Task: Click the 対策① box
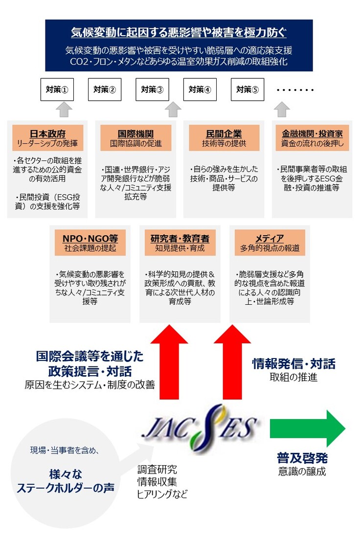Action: pyautogui.click(x=57, y=90)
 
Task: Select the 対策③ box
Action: pyautogui.click(x=152, y=90)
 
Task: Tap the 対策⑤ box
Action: pyautogui.click(x=247, y=90)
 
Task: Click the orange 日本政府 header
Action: pyautogui.click(x=47, y=138)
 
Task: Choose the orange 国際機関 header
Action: pyautogui.click(x=135, y=138)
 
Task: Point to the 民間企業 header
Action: pyautogui.click(x=224, y=138)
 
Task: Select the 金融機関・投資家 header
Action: pyautogui.click(x=312, y=138)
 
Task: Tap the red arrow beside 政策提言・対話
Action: pyautogui.click(x=171, y=362)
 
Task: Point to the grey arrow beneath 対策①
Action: pyautogui.click(x=65, y=109)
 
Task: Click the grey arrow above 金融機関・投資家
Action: pyautogui.click(x=282, y=109)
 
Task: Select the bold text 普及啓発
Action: pyautogui.click(x=302, y=458)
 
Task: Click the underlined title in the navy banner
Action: pyautogui.click(x=179, y=33)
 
